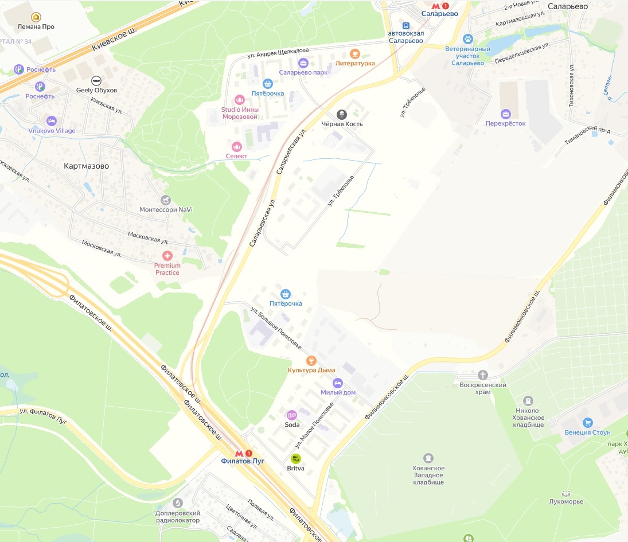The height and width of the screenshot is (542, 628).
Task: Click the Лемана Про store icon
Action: click(36, 17)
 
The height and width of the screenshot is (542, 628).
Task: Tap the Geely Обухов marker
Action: click(96, 80)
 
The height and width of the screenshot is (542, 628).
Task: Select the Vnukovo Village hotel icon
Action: click(52, 121)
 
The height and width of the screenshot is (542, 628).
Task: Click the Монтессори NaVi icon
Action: click(166, 200)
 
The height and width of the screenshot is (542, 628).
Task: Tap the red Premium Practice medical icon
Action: click(167, 255)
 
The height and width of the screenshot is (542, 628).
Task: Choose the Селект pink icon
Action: click(237, 147)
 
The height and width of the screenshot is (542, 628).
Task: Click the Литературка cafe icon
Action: click(355, 53)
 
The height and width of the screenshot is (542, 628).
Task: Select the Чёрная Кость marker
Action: click(342, 114)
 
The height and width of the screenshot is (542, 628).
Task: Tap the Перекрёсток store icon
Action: click(505, 114)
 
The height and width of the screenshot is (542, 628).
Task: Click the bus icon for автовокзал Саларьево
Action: click(406, 26)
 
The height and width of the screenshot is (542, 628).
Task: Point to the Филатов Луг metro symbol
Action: click(243, 453)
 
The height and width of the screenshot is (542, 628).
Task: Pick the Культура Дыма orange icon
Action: click(311, 360)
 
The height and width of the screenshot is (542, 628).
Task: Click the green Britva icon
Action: click(296, 458)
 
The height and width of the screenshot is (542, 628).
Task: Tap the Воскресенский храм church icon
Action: click(483, 375)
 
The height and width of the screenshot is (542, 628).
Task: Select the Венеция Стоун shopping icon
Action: click(587, 423)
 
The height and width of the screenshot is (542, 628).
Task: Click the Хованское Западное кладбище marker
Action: click(428, 458)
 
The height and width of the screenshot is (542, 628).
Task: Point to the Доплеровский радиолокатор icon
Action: click(177, 503)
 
